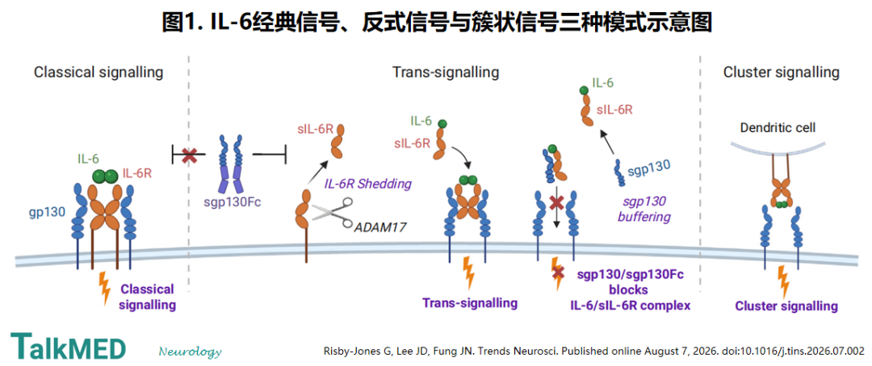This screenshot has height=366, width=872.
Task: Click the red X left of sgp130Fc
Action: pyautogui.click(x=189, y=156)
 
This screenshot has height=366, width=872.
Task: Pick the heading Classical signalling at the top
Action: pyautogui.click(x=99, y=73)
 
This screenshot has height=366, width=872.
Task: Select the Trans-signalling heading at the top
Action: pyautogui.click(x=446, y=73)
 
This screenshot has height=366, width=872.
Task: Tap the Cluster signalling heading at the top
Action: pyautogui.click(x=781, y=73)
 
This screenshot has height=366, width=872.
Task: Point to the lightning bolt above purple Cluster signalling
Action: pyautogui.click(x=784, y=281)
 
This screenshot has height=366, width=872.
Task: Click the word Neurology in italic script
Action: pyautogui.click(x=191, y=351)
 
